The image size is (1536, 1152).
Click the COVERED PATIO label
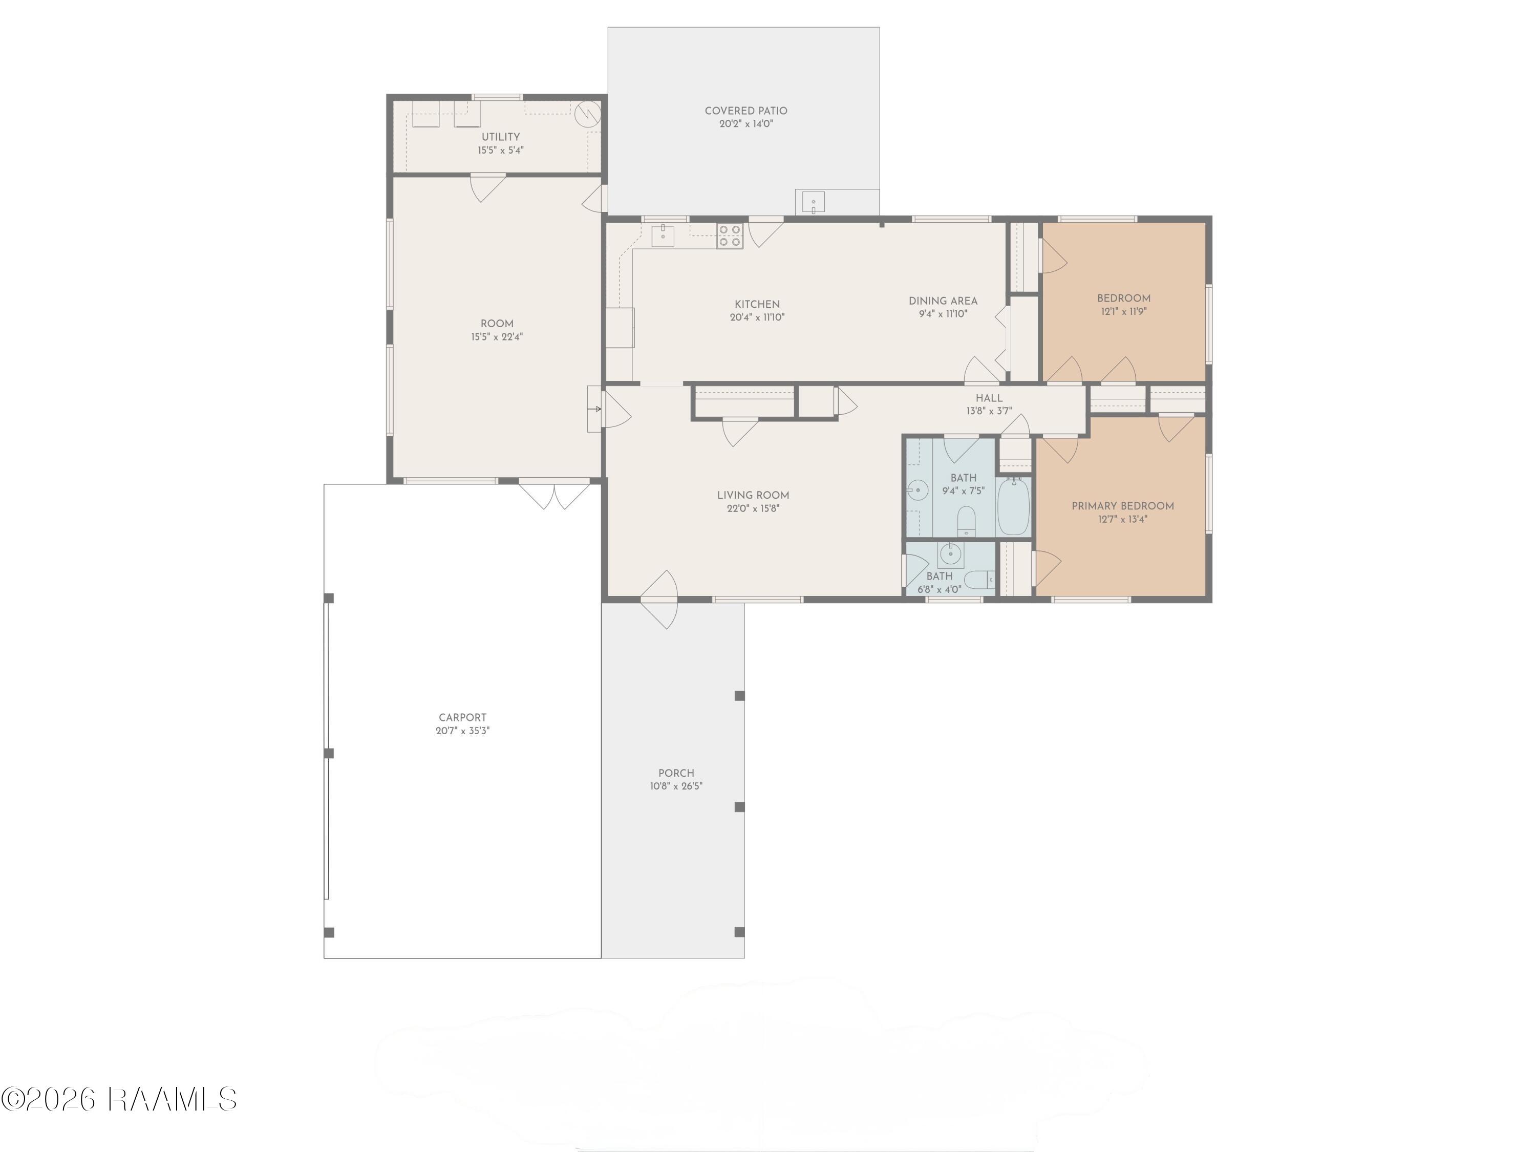pos(746,111)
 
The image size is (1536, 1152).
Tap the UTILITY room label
pos(501,137)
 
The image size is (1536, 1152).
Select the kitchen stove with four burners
pos(729,236)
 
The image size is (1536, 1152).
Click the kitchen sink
pos(663,236)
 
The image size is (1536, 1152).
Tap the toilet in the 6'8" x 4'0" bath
pos(980,579)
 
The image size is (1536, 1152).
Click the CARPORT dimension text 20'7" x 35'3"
pos(462,731)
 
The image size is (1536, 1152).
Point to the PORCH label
pos(676,773)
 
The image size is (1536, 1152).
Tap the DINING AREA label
pos(943,301)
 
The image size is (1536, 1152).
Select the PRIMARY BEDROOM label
pos(1123,505)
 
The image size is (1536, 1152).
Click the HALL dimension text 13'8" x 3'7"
pos(989,411)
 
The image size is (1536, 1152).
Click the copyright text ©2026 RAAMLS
pos(119,1099)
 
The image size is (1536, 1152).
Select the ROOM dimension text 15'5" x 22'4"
pos(497,337)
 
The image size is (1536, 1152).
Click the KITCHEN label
pos(757,304)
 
